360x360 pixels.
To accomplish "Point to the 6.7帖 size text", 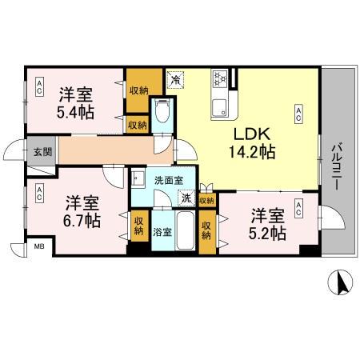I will (82, 218).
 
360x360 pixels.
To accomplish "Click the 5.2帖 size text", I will (267, 233).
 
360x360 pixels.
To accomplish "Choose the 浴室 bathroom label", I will (162, 232).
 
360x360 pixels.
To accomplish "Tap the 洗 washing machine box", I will (186, 199).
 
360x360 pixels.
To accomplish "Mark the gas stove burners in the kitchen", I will (220, 78).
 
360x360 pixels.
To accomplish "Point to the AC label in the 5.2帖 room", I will (298, 210).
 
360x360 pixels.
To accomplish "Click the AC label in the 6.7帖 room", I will (38, 193).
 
